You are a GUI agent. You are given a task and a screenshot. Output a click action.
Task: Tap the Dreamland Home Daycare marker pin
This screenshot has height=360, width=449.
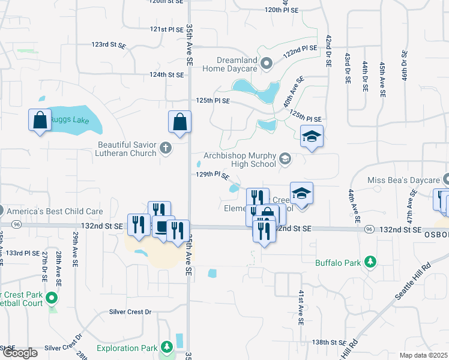coord(268,62)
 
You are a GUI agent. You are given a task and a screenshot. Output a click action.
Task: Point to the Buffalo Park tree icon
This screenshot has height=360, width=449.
coord(370,262)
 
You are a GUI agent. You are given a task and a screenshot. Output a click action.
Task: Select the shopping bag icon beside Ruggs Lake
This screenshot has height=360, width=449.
coord(40,119)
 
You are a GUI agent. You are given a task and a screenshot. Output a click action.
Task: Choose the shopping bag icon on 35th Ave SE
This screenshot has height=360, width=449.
coord(180,121)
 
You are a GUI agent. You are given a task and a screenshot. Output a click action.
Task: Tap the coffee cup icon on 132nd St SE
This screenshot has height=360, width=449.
coord(161,227)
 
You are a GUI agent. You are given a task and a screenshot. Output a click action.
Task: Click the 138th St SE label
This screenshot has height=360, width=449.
coord(329,342)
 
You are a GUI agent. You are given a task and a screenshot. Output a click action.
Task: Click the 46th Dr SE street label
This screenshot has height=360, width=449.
coord(405,70)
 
